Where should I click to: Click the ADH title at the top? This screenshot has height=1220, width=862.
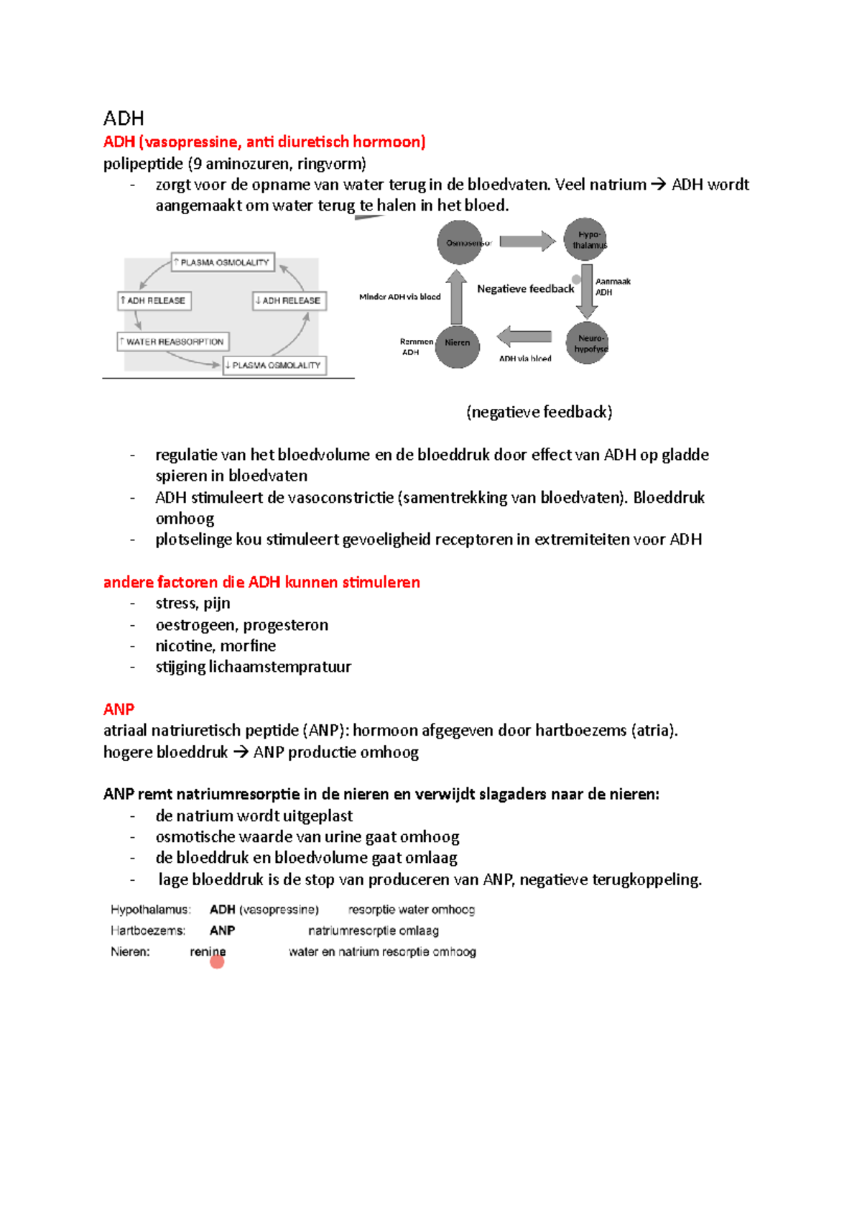124,118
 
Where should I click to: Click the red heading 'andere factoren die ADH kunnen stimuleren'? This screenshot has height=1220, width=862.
261,582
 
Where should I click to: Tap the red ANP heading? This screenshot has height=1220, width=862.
119,709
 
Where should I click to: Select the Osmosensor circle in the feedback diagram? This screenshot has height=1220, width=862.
459,242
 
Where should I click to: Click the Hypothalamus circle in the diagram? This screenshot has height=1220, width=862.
585,239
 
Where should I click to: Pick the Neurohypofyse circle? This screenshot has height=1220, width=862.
587,343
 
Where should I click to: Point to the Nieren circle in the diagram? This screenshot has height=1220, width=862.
458,343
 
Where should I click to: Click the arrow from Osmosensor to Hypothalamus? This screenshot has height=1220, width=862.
527,241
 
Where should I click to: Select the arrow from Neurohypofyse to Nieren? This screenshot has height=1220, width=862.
524,336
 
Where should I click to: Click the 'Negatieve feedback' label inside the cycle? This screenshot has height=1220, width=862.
525,289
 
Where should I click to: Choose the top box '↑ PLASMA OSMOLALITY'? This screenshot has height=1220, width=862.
223,262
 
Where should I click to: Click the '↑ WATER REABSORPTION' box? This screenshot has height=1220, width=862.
173,341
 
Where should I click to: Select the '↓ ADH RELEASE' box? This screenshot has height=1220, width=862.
289,300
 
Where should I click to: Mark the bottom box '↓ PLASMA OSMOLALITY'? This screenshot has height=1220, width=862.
274,365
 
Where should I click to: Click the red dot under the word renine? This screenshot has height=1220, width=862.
217,961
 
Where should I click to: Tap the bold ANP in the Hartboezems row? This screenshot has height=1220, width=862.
222,930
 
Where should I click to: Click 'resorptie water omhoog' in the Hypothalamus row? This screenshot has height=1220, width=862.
411,910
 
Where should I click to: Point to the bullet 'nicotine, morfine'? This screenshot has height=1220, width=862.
215,646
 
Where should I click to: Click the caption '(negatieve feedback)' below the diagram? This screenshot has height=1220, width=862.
539,412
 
